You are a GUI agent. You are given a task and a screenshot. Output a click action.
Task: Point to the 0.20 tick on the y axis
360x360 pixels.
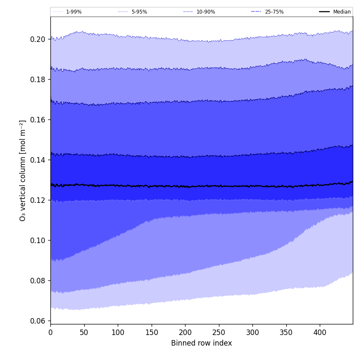click(x=39, y=39)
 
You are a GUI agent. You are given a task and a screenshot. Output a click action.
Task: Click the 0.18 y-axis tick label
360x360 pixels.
click(x=39, y=80)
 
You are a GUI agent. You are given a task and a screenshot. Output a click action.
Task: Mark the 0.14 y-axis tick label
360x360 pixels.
click(x=39, y=160)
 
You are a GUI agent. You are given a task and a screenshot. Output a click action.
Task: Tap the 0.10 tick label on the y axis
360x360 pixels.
click(x=39, y=241)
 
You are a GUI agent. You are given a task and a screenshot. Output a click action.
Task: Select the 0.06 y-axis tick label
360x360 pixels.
click(x=39, y=321)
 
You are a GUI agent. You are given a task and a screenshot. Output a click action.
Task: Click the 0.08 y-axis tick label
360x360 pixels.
click(x=39, y=281)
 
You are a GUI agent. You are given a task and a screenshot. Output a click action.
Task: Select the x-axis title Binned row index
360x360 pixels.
click(x=202, y=343)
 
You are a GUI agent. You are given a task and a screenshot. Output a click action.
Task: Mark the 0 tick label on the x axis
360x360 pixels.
click(x=50, y=332)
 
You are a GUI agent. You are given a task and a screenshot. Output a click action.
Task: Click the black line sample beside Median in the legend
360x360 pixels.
click(x=324, y=12)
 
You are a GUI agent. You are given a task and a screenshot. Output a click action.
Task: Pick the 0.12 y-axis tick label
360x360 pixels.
click(x=39, y=200)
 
